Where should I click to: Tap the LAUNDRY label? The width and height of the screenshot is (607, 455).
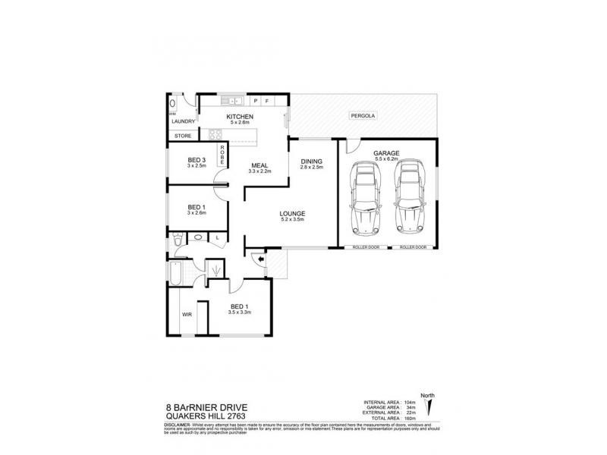[x=184, y=121]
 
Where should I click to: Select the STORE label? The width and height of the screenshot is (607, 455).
[x=183, y=136]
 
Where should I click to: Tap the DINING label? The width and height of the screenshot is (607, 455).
[x=312, y=161]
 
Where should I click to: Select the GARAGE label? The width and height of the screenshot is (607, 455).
[x=387, y=153]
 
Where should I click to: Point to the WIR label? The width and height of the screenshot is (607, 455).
[x=186, y=314]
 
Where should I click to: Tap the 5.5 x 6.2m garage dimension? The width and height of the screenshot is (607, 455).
[x=387, y=159]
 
